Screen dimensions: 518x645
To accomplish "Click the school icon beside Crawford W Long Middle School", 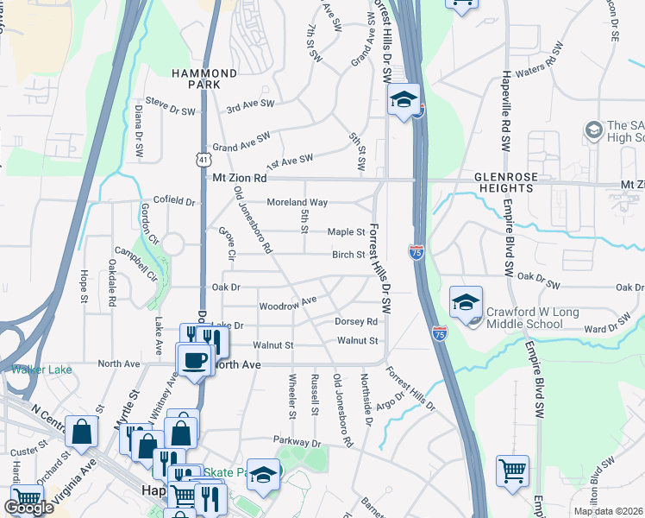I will [466, 302].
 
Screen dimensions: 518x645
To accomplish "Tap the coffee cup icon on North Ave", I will [194, 358].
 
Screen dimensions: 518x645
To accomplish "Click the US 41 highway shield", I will [201, 159].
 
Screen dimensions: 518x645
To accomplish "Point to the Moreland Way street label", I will [297, 202].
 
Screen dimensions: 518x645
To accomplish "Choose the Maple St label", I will [347, 232].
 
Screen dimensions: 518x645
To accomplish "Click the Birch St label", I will [349, 255].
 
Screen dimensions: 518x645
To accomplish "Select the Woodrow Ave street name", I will [289, 303].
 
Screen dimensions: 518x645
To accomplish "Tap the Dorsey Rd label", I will [356, 321].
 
